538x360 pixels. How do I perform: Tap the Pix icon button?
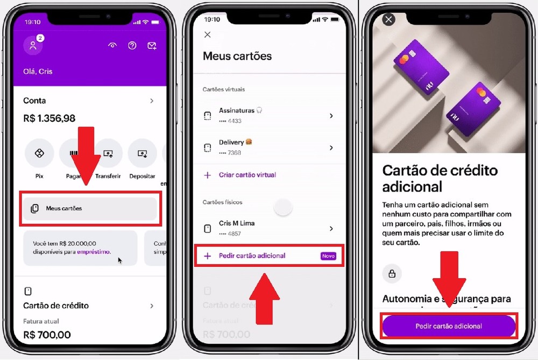point(39,153)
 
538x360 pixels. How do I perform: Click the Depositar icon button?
point(142,153)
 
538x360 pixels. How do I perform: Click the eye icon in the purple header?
point(112,46)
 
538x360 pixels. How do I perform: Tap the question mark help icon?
point(132,46)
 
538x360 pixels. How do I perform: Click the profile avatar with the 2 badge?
point(33,46)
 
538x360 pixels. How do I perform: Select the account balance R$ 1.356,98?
point(49,118)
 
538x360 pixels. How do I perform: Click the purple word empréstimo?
point(94,251)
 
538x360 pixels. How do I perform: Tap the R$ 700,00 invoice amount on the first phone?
point(47,335)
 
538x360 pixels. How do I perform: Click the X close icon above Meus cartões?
point(208,35)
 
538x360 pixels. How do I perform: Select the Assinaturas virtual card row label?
point(237,110)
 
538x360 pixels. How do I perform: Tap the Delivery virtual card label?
point(231,142)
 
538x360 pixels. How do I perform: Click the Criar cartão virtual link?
point(247,175)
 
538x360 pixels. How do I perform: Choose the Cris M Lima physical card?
point(237,223)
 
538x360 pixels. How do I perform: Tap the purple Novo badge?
point(328,256)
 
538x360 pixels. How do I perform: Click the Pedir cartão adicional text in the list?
point(252,256)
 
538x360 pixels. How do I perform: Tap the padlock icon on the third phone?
point(392,273)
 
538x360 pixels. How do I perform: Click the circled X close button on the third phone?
point(388,20)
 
